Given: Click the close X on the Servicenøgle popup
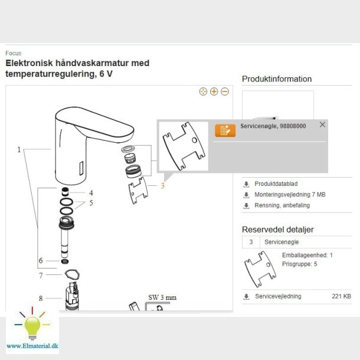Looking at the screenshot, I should tap(322, 125).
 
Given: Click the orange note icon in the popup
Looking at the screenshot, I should tap(225, 130).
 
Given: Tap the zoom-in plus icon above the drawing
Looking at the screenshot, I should tap(214, 91).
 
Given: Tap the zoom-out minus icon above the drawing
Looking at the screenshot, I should tap(224, 91).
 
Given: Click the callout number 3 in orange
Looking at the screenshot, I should tap(162, 186).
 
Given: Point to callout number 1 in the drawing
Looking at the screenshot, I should tap(19, 150).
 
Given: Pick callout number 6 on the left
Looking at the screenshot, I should tap(41, 260).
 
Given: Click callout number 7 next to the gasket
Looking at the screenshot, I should tap(41, 275).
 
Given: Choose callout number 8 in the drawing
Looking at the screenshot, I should tap(41, 298).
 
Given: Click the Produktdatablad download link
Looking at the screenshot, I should tap(276, 184).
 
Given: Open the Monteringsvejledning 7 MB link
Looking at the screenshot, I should tap(290, 195).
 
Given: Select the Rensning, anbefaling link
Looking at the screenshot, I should tap(282, 205).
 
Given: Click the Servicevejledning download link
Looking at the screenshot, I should tap(278, 296).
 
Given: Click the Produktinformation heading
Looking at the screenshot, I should tap(277, 79).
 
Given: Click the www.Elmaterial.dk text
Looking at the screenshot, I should tap(32, 345).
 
